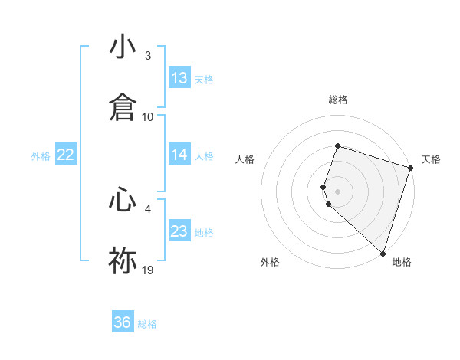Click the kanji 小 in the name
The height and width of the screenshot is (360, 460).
(123, 47)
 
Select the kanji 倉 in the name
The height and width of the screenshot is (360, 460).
(123, 106)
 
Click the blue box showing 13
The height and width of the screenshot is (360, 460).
(179, 78)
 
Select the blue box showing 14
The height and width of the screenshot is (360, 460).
(179, 155)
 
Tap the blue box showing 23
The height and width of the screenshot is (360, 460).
(179, 231)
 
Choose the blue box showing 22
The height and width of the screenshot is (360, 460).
(66, 155)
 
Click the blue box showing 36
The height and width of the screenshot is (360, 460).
(123, 322)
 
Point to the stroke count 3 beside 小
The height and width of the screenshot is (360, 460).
(148, 56)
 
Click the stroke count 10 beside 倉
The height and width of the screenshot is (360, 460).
(148, 116)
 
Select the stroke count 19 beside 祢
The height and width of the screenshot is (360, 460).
(148, 270)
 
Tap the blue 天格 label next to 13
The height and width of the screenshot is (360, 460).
(204, 79)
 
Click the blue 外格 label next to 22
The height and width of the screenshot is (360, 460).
(41, 155)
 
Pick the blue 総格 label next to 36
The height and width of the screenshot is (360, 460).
(147, 323)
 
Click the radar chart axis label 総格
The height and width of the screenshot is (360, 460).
(338, 100)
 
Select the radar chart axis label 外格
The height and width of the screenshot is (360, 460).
(270, 262)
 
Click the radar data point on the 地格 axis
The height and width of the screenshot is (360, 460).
(383, 253)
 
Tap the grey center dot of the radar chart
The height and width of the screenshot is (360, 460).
(338, 191)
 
